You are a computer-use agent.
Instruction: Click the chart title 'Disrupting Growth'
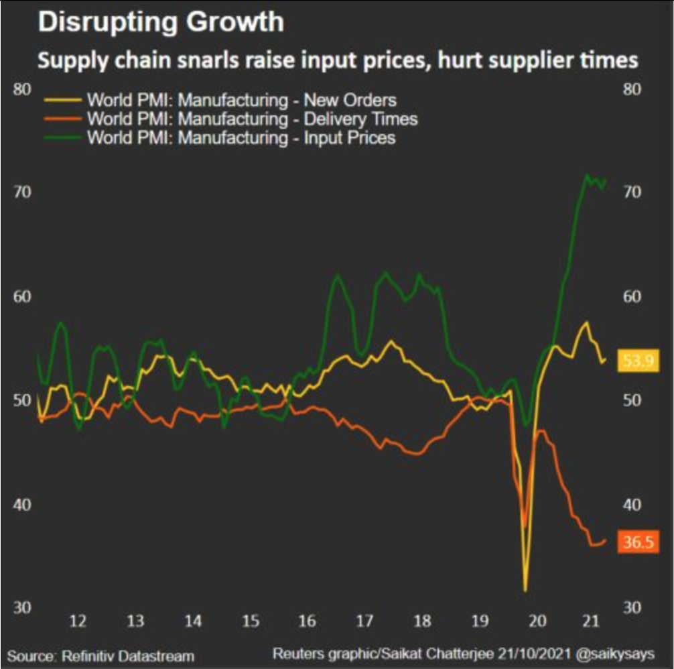coord(161,22)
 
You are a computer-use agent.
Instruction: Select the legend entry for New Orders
coord(241,101)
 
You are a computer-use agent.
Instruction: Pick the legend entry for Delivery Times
coord(252,119)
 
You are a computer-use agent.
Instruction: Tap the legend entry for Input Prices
coord(241,138)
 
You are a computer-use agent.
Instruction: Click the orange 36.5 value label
coord(638,542)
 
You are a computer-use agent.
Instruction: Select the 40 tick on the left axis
coord(22,504)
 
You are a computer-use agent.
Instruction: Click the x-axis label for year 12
coord(78,622)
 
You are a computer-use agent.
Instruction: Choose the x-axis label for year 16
coord(307,622)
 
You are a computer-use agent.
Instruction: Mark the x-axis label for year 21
coord(590,622)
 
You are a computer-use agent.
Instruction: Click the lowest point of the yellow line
coord(525,590)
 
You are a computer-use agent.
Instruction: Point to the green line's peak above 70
coord(586,176)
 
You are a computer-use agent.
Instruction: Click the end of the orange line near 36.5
coord(606,540)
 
